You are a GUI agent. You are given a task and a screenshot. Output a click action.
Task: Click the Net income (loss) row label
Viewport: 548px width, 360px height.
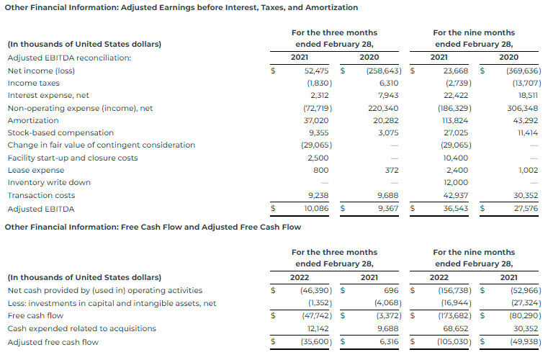click(x=41, y=71)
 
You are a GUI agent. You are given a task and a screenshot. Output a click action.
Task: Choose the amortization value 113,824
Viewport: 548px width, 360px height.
click(x=456, y=120)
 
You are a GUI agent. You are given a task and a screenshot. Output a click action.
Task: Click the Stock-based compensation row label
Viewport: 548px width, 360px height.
click(x=60, y=132)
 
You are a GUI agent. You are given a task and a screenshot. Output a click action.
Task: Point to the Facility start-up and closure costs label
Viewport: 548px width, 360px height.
click(x=73, y=158)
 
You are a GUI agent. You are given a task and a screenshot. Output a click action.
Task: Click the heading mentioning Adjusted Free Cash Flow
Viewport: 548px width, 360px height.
click(x=153, y=227)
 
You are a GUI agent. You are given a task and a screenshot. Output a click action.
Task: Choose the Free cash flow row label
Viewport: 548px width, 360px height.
click(x=35, y=315)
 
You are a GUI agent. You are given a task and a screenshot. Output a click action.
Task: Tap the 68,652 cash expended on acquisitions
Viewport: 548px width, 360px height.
click(x=457, y=328)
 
